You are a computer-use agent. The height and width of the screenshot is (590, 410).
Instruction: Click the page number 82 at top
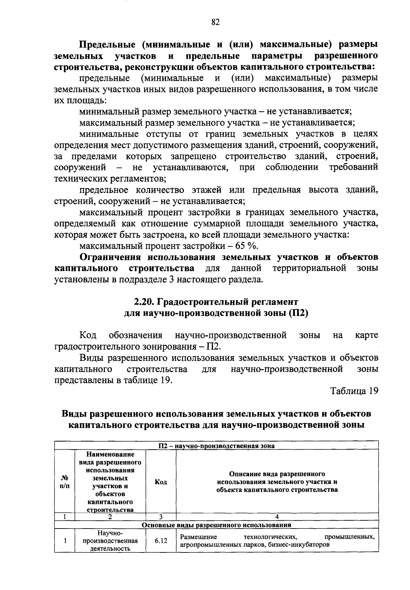215,23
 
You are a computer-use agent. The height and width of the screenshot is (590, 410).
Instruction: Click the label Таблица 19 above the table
354,391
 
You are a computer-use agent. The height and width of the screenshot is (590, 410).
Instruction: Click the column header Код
161,482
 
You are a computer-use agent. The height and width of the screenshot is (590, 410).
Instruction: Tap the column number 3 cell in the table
161,517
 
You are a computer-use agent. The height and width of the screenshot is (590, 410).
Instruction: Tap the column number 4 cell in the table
277,517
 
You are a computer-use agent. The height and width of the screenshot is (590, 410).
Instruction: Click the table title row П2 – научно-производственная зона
216,446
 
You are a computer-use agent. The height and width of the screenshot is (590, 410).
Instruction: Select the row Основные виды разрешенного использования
216,525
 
